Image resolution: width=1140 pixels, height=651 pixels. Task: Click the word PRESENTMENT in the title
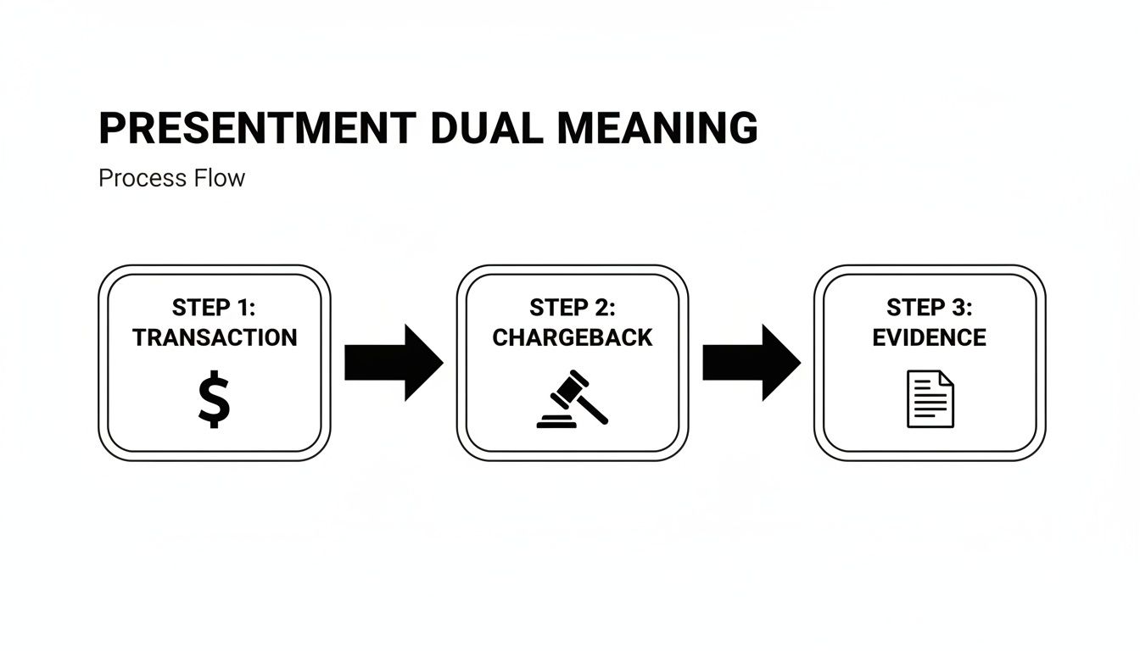coord(257,129)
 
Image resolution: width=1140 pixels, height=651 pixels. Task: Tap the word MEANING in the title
coord(657,129)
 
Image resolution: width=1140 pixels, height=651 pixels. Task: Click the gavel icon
coord(573,399)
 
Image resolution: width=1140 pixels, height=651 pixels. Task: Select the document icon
coord(930,399)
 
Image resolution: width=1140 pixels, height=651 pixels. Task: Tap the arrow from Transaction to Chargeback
coord(394,362)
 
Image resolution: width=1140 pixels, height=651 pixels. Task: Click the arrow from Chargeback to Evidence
coord(752,362)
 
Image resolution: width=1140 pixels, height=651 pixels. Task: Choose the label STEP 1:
coord(214,307)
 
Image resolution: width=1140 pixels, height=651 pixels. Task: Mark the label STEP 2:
coord(573,307)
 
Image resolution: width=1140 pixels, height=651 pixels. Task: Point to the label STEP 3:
coord(930,307)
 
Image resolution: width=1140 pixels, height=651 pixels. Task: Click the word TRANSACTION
coord(215,337)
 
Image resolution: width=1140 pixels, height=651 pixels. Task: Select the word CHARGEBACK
coord(573,337)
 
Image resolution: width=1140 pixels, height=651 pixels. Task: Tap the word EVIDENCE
coord(930,337)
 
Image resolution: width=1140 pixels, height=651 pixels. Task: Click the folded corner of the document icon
coord(947,378)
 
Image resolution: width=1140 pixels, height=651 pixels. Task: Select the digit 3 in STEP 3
coord(958,307)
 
